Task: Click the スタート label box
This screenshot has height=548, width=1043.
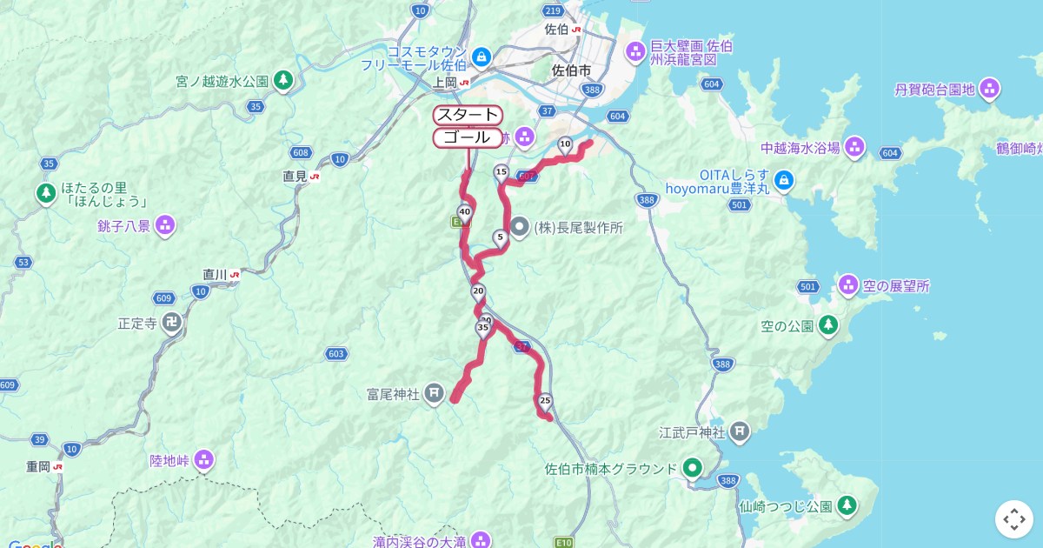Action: (x=468, y=115)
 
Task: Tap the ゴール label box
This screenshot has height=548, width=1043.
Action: (x=468, y=137)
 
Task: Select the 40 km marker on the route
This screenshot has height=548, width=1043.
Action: (x=464, y=211)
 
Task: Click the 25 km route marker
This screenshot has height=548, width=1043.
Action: (x=545, y=400)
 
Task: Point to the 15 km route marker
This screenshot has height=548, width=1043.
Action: (x=501, y=171)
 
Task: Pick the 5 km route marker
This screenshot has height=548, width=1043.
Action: (x=500, y=237)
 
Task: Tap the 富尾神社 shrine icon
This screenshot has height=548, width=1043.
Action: (x=434, y=394)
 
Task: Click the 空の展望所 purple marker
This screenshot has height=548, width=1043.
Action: (x=849, y=284)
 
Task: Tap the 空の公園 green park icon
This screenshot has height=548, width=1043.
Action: (x=828, y=325)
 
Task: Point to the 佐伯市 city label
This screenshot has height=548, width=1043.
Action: (x=572, y=70)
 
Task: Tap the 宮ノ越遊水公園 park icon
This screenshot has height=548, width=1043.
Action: (x=282, y=81)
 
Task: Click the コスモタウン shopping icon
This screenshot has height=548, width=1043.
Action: (x=481, y=57)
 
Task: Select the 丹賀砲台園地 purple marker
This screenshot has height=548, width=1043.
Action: (x=989, y=88)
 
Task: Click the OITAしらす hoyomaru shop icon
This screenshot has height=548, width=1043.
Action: (x=784, y=180)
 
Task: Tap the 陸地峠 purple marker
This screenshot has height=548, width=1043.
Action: (x=204, y=458)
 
